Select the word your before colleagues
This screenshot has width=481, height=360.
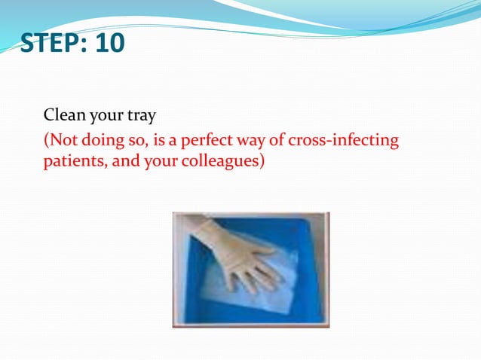pyautogui.click(x=161, y=161)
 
